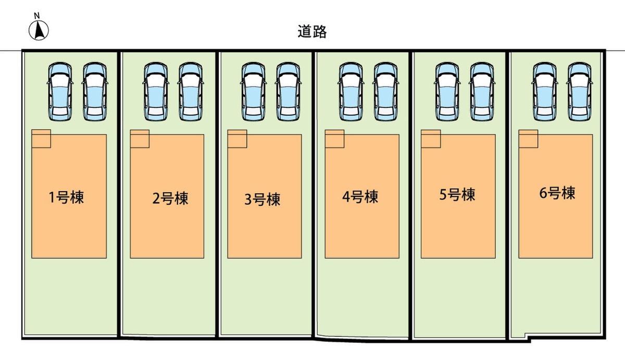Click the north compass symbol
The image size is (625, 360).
point(38,30)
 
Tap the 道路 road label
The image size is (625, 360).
point(312,32)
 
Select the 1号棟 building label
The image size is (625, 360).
point(66,198)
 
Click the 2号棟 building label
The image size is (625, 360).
point(170,198)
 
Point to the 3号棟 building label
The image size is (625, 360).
point(262,200)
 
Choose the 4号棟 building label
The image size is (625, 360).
point(360,197)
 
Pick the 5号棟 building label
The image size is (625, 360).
point(457,195)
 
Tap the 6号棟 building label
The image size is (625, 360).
point(557,194)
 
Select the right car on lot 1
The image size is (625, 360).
point(94,90)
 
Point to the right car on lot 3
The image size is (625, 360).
point(288,90)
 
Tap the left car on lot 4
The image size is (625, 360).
point(351,90)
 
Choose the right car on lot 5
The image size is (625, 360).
point(482,90)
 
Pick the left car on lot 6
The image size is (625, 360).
point(544,90)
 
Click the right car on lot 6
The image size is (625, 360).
point(580,90)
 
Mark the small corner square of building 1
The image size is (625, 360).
point(41,139)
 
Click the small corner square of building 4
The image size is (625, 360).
point(334,139)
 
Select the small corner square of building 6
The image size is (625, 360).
point(528,139)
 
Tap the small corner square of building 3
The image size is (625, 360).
point(237,139)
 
